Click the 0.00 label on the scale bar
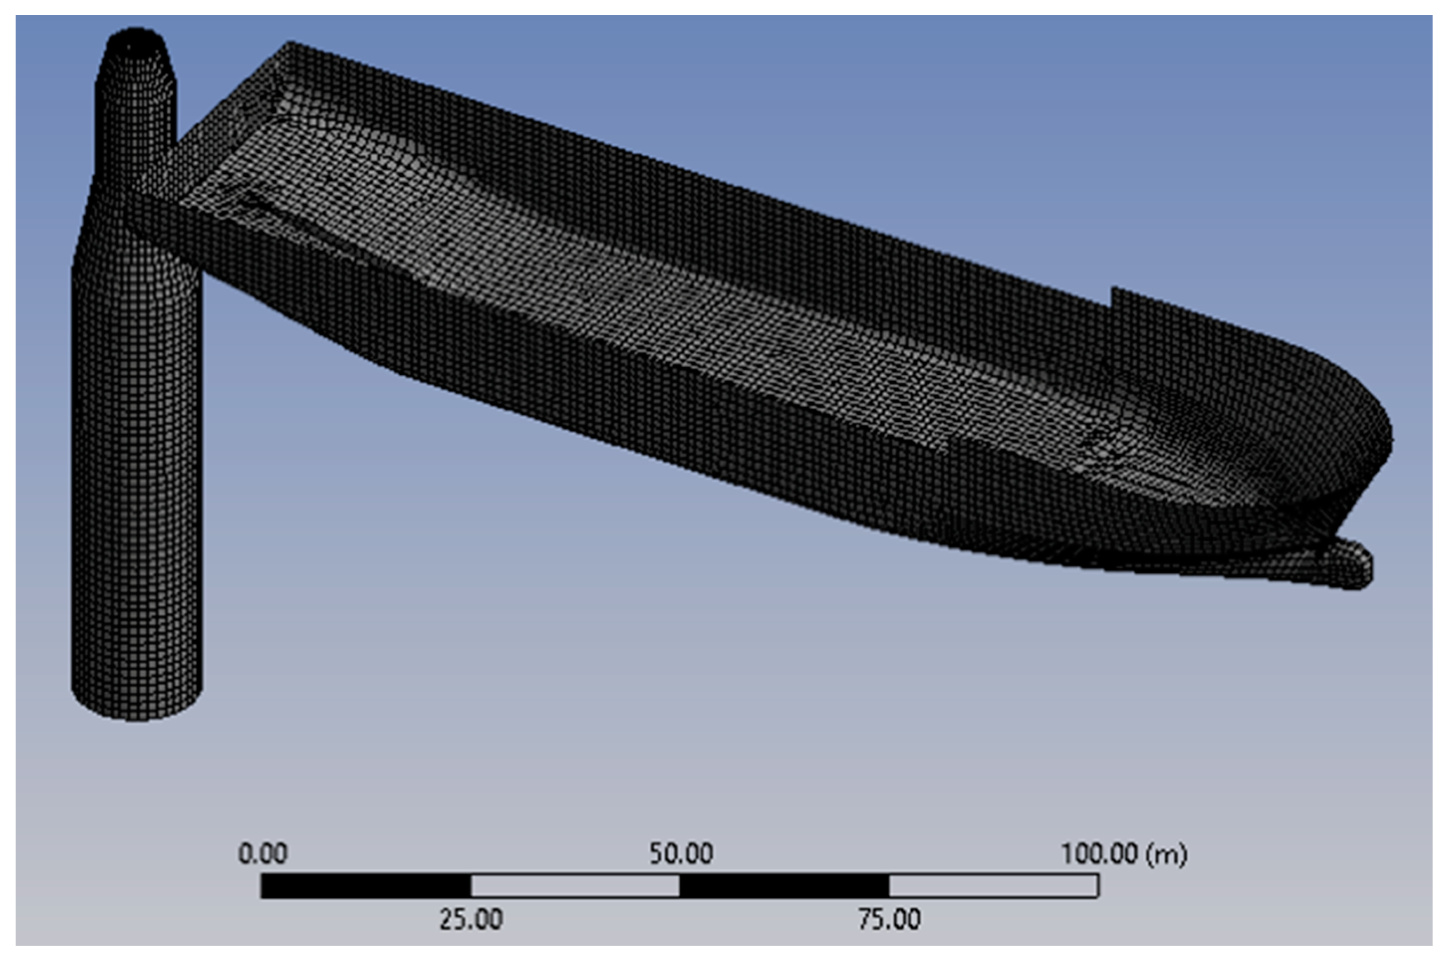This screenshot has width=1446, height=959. [262, 853]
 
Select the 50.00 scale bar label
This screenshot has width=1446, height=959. [681, 853]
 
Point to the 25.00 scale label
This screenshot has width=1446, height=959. [471, 919]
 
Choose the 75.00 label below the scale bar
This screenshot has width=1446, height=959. [890, 919]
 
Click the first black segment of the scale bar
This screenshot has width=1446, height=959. [366, 886]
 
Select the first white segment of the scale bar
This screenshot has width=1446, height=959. [575, 886]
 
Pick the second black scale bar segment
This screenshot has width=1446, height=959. [784, 886]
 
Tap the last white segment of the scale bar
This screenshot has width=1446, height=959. [994, 886]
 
